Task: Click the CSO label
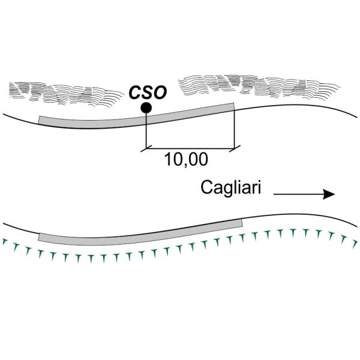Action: point(147,92)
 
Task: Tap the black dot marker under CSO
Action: point(145,108)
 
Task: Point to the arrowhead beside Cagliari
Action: point(328,194)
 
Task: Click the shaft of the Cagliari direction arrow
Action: point(297,194)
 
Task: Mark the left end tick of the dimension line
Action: point(146,147)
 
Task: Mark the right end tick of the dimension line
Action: point(234,147)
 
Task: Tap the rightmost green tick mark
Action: point(355,242)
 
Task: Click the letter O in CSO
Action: point(159,92)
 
